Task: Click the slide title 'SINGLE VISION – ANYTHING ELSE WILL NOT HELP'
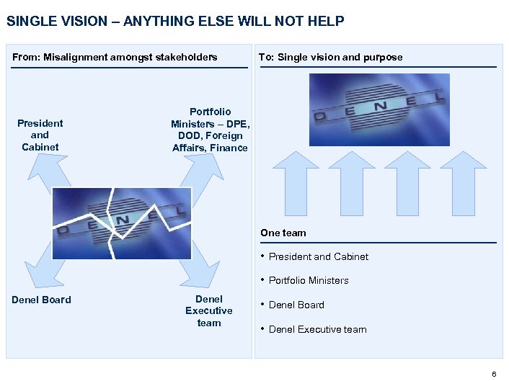coord(175,21)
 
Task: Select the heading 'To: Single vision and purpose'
coord(330,57)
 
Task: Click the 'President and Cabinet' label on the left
coord(40,135)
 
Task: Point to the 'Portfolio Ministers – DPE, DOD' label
coord(210,130)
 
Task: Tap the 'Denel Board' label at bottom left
coord(42,300)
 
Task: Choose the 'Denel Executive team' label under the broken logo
coord(209,311)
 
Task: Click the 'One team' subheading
coord(283,233)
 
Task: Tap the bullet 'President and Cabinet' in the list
coord(318,256)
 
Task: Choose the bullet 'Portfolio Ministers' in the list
coord(309,280)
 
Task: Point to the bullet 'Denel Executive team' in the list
coord(317,329)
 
